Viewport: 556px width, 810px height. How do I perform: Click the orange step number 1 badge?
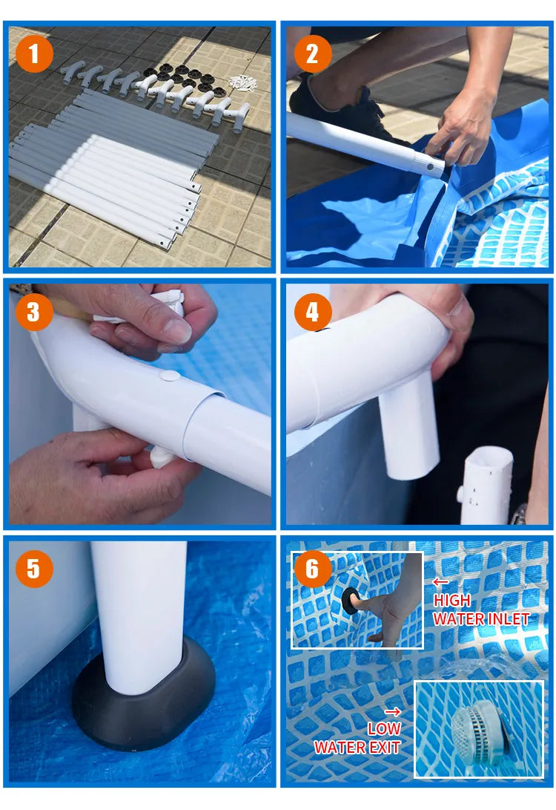point(34,53)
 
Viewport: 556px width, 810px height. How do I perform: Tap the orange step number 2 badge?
point(313,53)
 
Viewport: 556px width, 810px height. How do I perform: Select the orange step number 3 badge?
point(34,312)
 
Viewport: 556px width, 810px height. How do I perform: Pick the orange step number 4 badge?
point(313,312)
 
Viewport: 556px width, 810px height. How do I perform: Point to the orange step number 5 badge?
point(34,569)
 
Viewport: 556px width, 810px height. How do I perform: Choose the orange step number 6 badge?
point(313,569)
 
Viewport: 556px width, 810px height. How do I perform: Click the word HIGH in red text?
point(451,601)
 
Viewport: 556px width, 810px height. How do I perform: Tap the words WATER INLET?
point(481,619)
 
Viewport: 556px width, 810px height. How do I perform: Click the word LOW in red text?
point(384,728)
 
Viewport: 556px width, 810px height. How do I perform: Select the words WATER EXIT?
point(357,747)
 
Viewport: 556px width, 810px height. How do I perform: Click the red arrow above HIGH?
point(440,582)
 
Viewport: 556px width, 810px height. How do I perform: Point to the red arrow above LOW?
point(393,712)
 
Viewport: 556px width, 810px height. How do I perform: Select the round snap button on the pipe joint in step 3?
point(170,376)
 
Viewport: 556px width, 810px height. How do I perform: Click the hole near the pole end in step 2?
point(430,167)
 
